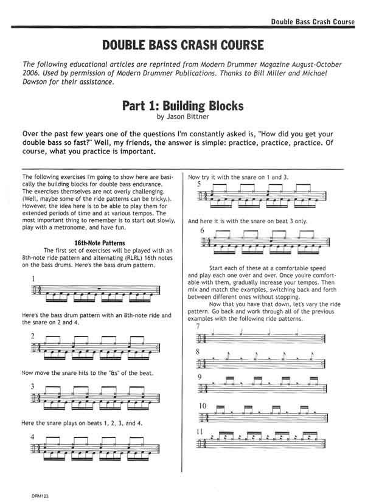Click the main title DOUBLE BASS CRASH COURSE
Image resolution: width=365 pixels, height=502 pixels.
pos(182,46)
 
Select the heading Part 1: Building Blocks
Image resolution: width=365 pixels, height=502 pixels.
pos(182,105)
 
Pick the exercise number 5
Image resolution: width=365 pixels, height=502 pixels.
pos(198,184)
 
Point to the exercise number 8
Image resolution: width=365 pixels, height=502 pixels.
pos(198,352)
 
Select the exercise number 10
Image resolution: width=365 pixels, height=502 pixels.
pos(201,405)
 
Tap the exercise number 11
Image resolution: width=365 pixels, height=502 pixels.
pos(200,431)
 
